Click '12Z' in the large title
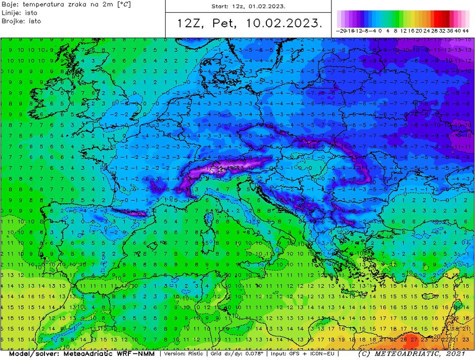pos(188,23)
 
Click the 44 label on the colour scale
pos(465,30)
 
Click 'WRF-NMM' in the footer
pos(134,353)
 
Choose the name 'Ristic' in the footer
pos(196,353)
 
